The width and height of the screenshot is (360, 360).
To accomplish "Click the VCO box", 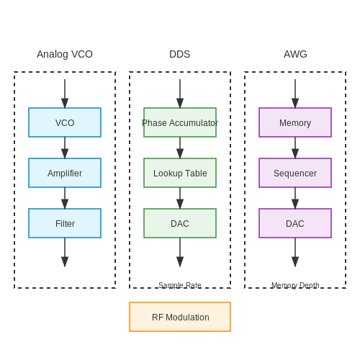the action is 65,122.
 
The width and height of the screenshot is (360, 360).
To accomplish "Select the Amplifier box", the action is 65,173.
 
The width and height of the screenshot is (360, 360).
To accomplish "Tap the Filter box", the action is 65,223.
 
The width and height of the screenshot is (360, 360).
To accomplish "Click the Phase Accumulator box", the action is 180,122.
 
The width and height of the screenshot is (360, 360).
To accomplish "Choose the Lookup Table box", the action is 180,173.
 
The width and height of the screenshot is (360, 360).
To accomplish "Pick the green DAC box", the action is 180,223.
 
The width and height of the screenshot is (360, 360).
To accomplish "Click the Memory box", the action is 295,122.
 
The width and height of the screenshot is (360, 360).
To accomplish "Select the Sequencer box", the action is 295,173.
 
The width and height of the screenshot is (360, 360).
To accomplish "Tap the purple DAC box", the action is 295,223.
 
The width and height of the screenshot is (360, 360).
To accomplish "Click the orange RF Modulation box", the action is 180,317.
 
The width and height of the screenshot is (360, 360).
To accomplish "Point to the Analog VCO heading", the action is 65,54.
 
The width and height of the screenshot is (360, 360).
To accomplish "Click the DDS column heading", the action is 180,54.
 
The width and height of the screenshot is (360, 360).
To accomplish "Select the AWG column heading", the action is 295,54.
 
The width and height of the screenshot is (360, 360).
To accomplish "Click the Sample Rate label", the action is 180,285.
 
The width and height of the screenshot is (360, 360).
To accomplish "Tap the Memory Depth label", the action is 295,285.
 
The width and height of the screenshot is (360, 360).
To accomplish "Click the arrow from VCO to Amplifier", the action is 65,148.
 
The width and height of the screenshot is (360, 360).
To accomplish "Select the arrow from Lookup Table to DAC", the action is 180,198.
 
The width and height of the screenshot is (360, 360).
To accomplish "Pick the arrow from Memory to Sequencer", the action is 295,148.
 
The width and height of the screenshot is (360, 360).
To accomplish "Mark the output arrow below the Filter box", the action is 65,252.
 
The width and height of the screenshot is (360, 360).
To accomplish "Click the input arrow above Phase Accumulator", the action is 180,94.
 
